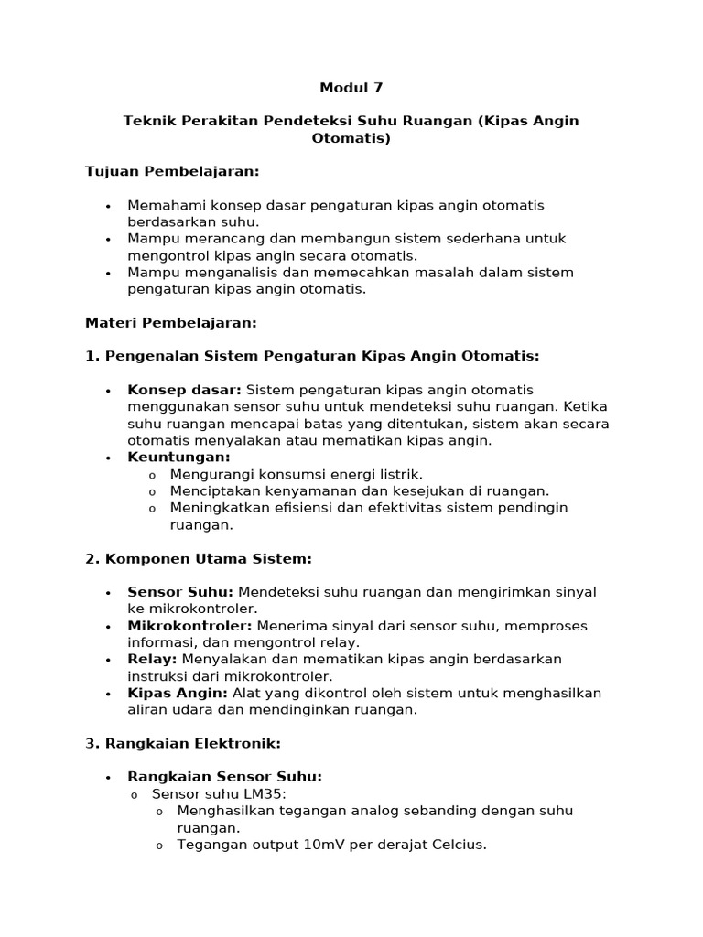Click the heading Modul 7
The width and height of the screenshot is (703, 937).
(351, 89)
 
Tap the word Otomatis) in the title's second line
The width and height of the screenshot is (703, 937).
(351, 138)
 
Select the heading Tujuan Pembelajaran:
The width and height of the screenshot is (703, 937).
(172, 172)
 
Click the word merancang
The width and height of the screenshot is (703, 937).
(208, 239)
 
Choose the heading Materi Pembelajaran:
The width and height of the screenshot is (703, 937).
(171, 322)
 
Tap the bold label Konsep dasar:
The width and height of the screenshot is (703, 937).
(184, 390)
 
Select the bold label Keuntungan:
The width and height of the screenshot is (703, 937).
(178, 457)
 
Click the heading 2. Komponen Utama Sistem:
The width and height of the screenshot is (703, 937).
(199, 558)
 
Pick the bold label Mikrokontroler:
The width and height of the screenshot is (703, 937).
(189, 626)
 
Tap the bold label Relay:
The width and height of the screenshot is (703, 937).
(153, 659)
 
